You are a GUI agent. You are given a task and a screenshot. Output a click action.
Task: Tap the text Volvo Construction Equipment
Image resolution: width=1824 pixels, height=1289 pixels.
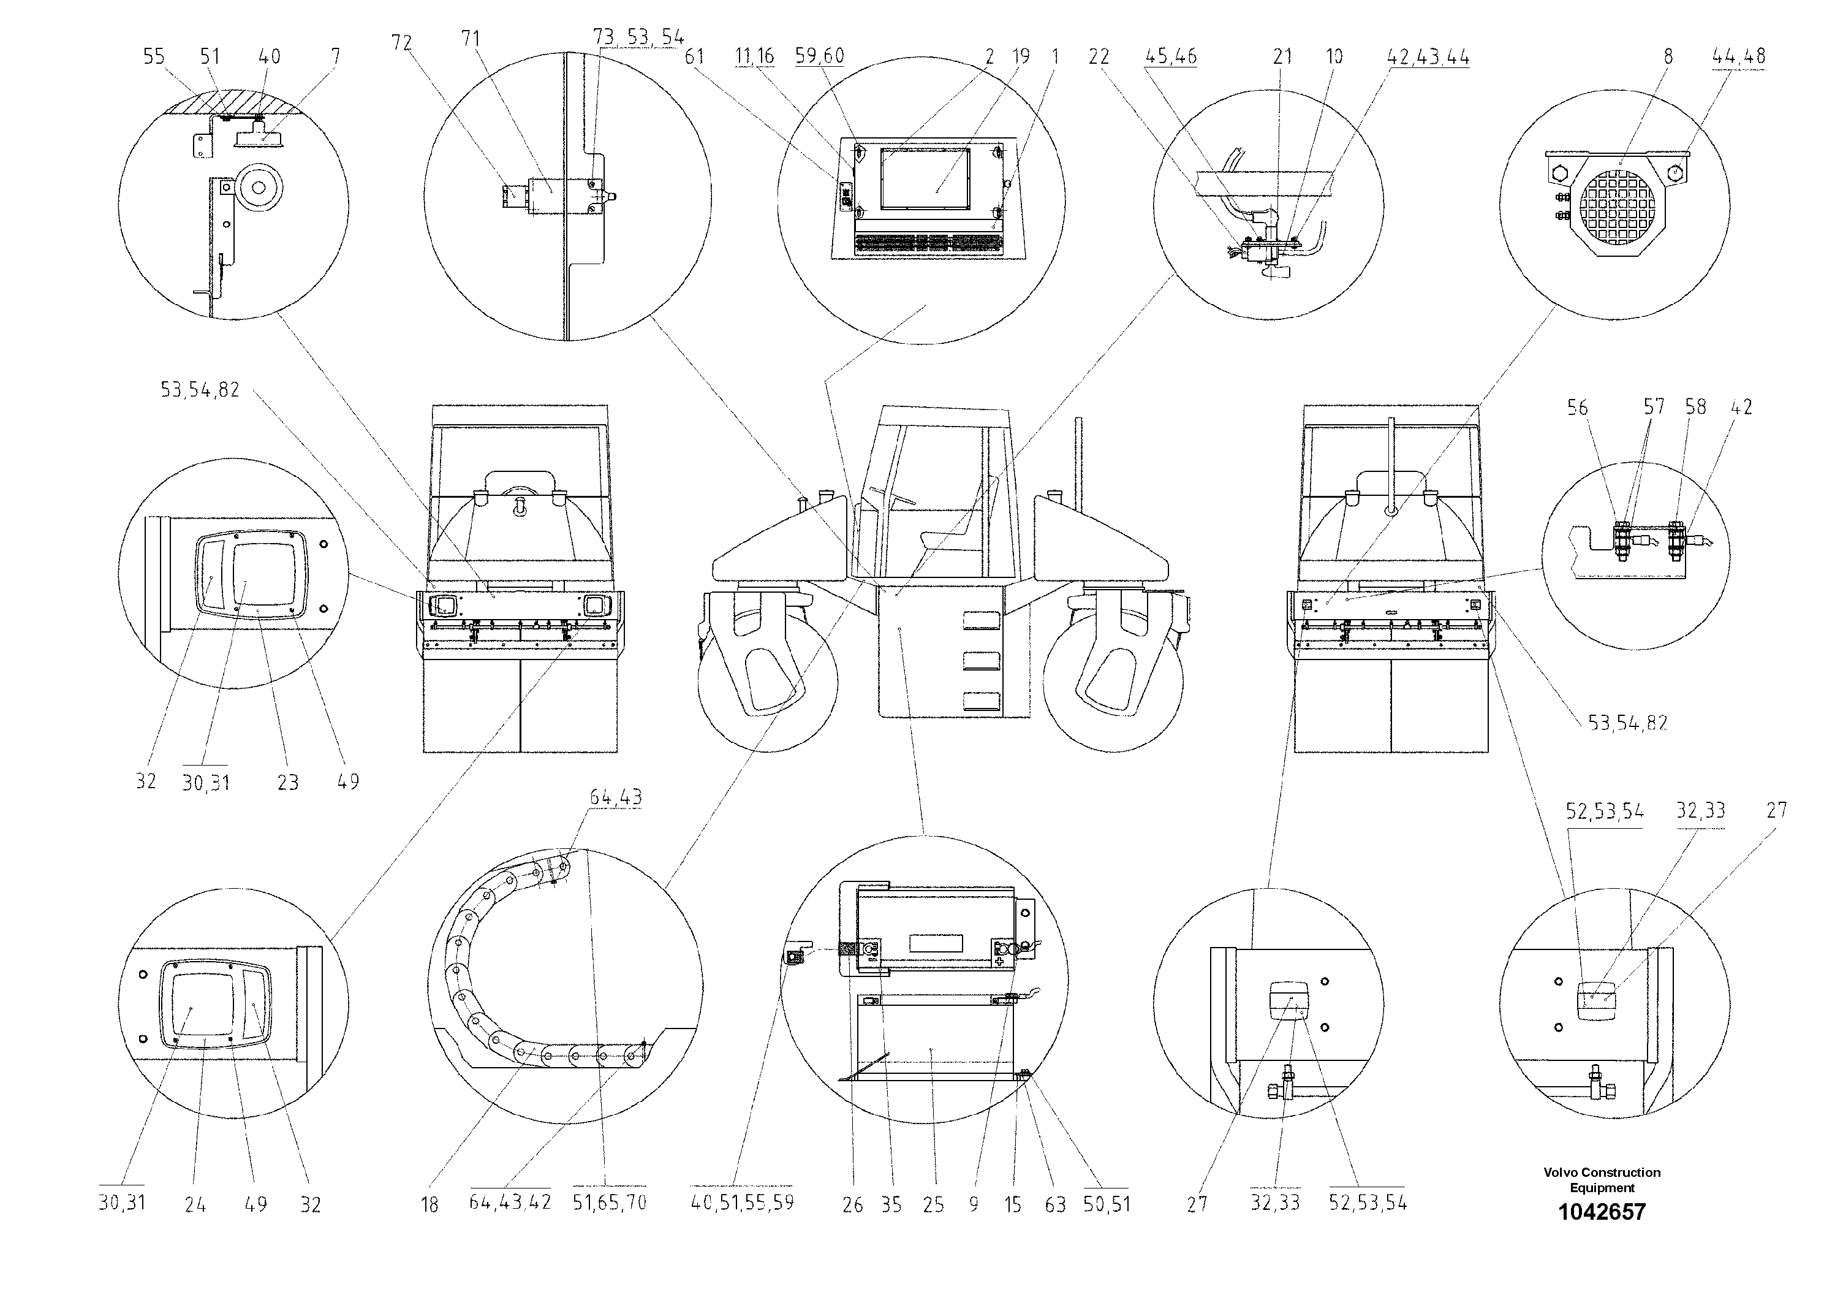1602,1179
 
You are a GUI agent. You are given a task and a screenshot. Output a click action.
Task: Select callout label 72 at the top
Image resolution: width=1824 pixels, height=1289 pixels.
401,42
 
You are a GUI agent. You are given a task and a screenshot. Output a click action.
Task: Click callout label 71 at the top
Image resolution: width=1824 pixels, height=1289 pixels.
471,38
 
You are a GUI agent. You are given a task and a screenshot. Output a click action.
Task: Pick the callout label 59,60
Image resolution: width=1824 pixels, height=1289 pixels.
819,56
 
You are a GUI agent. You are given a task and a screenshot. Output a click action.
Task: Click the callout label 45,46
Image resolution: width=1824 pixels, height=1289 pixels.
1171,56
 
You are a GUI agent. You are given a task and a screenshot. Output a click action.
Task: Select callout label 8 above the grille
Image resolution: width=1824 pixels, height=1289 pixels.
1668,56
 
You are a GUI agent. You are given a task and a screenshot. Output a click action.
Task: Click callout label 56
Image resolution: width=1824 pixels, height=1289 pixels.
1577,408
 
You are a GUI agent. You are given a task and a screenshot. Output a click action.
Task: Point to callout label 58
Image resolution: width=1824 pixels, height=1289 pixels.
1695,407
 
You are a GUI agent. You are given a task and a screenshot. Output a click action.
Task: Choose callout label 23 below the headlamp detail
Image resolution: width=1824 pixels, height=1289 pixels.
287,783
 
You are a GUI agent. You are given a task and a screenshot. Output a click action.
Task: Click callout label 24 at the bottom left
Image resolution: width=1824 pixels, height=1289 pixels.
195,1205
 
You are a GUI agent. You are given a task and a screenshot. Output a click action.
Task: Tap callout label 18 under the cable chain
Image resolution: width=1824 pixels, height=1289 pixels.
429,1205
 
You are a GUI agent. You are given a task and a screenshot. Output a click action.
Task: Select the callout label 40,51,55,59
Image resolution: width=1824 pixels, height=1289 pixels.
742,1203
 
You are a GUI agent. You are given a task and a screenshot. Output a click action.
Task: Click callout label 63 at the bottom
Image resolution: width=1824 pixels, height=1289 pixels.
1055,1205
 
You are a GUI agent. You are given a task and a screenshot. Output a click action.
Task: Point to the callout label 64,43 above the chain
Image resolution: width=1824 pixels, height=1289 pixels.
616,797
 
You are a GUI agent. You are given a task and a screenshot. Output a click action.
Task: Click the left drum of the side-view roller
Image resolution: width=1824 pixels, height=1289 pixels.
766,682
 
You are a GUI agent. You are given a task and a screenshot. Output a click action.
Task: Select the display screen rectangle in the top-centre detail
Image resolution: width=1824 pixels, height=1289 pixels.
925,178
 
